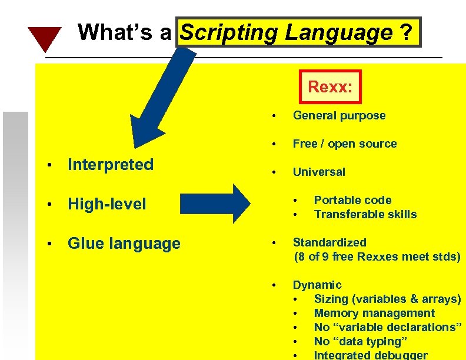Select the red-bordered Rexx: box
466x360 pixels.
pyautogui.click(x=330, y=87)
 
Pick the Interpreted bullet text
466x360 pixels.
pyautogui.click(x=111, y=165)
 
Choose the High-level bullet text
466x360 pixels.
pyautogui.click(x=106, y=204)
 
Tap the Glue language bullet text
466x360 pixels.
pyautogui.click(x=124, y=244)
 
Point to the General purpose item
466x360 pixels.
pyautogui.click(x=339, y=115)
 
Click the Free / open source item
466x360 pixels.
pyautogui.click(x=345, y=144)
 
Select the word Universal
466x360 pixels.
pyautogui.click(x=319, y=172)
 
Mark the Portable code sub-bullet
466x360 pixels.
pyautogui.click(x=352, y=200)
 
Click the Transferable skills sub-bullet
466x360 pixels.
pyautogui.click(x=365, y=214)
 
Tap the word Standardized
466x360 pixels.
pyautogui.click(x=329, y=242)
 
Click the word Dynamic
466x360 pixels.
pyautogui.click(x=317, y=285)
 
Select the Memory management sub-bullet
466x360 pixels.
pyautogui.click(x=374, y=313)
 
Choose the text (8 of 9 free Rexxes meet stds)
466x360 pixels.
pyautogui.click(x=377, y=256)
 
